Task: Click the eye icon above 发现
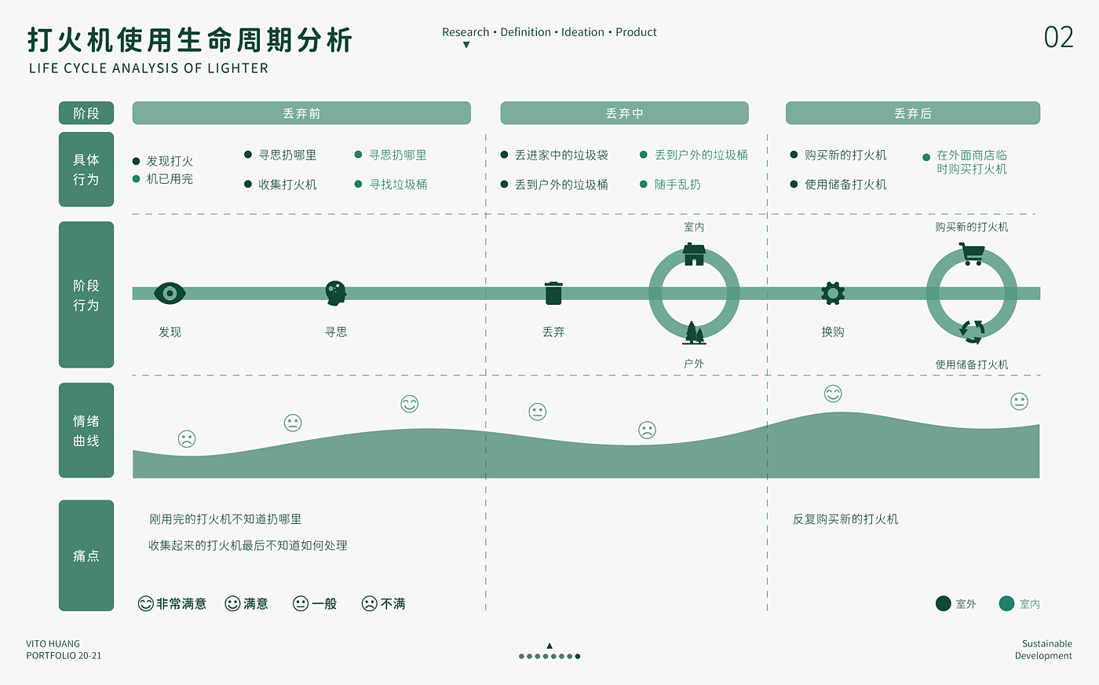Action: (x=170, y=293)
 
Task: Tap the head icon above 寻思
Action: (x=336, y=293)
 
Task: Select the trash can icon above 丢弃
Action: (x=553, y=293)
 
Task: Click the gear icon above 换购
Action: (x=833, y=293)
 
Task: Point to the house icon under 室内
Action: (x=694, y=255)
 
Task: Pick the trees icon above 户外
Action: (x=694, y=333)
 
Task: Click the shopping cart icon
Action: (x=972, y=254)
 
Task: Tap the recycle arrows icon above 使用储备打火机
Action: (x=972, y=332)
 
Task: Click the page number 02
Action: (x=1058, y=38)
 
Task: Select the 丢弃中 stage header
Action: (x=624, y=113)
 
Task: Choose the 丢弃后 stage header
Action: (x=912, y=113)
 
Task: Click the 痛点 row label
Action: (x=86, y=555)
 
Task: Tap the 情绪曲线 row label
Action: (x=86, y=430)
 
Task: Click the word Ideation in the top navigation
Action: (x=582, y=32)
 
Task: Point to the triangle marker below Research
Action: (x=466, y=46)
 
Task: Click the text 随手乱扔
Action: (x=677, y=185)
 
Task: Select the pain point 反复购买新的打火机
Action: (x=845, y=519)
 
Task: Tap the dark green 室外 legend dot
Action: (x=944, y=603)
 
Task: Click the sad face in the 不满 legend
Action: (x=369, y=603)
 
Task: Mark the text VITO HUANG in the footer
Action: (x=53, y=643)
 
